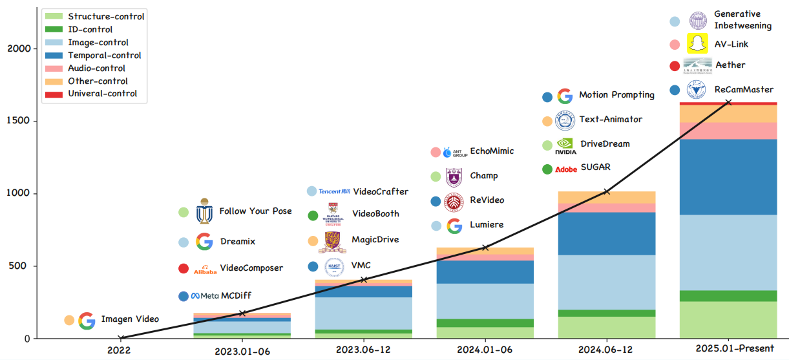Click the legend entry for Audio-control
tap(96, 69)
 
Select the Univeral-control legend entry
tap(102, 94)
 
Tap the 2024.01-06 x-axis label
tap(485, 350)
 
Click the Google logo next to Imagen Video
tap(87, 320)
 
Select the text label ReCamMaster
tap(744, 90)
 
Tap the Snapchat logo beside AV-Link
tap(697, 45)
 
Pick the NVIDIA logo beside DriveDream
tap(565, 145)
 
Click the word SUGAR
tap(595, 167)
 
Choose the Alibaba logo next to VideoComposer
tap(205, 269)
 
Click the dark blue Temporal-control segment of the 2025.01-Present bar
tap(728, 176)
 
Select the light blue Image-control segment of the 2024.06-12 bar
tap(607, 282)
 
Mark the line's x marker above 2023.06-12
tap(364, 280)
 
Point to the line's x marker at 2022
tap(120, 338)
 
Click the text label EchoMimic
tap(492, 151)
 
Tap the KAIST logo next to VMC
tap(334, 267)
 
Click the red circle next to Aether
tap(675, 65)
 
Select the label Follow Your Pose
tap(255, 211)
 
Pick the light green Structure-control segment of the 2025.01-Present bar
tap(728, 319)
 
